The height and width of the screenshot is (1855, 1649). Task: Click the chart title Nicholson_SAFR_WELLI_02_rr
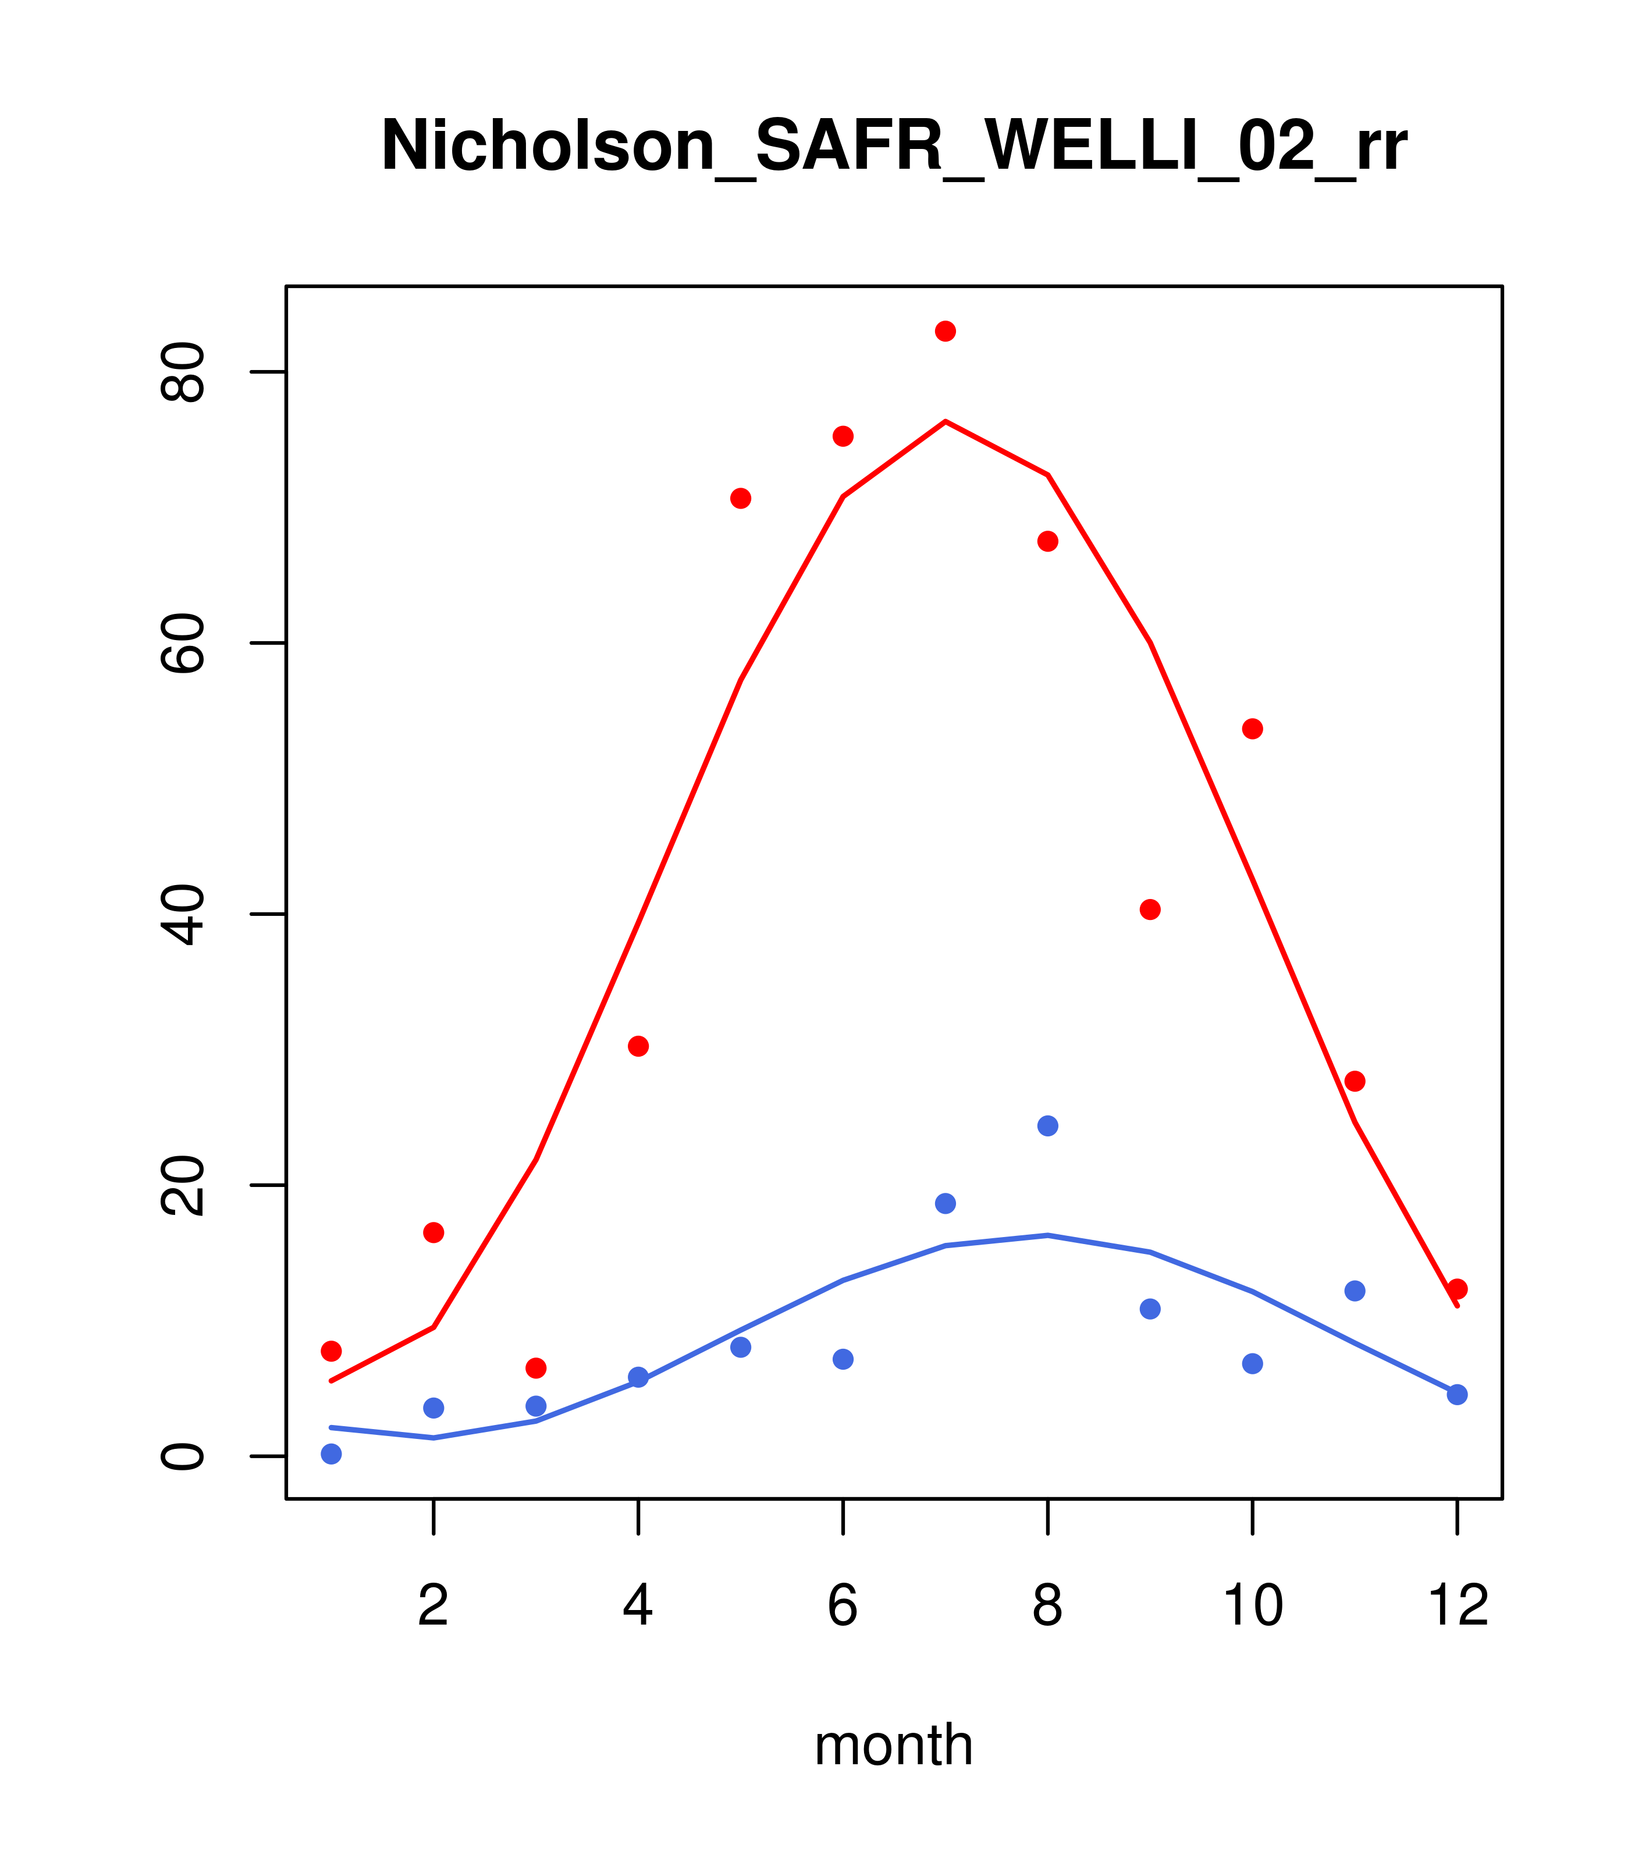tap(893, 146)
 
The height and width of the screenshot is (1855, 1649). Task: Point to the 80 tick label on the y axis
tap(182, 372)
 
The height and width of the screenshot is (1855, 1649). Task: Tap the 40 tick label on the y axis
tap(182, 915)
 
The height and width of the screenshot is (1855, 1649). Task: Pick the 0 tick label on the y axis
tap(182, 1456)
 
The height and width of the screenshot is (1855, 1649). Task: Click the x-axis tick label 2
tap(434, 1605)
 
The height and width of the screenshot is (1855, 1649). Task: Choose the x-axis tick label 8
tap(1047, 1605)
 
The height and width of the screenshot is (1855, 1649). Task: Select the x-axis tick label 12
tap(1458, 1605)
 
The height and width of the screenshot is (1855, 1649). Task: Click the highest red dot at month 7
tap(946, 331)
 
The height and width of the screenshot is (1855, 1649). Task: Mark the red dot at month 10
tap(1252, 729)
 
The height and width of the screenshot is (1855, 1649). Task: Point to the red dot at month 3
tap(536, 1367)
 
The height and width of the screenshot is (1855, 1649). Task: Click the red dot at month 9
tap(1150, 909)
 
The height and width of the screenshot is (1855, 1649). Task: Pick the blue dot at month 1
tap(331, 1454)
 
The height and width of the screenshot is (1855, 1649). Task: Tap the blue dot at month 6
tap(843, 1359)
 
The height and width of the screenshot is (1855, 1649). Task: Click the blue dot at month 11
tap(1355, 1291)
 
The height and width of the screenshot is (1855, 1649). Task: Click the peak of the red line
tap(946, 421)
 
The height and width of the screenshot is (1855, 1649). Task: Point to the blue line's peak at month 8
tap(1047, 1235)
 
